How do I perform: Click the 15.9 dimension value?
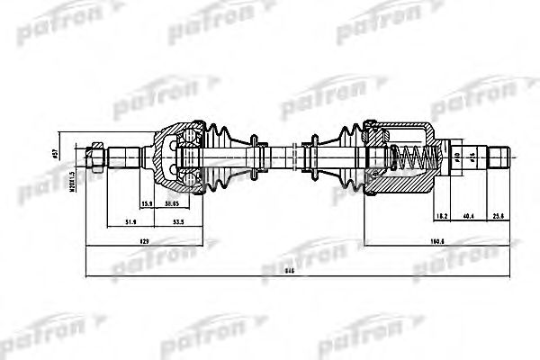[x=146, y=202]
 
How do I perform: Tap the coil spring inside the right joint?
[x=412, y=161]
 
